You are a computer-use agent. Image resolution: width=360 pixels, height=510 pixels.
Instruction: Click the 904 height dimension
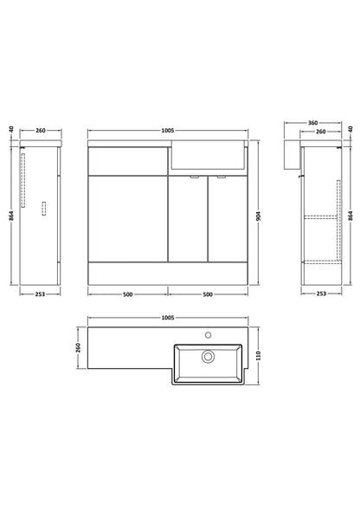[x=259, y=216]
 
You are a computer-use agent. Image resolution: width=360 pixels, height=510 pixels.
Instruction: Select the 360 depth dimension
[x=312, y=123]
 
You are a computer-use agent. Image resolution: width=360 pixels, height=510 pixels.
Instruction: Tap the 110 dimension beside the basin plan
[x=259, y=356]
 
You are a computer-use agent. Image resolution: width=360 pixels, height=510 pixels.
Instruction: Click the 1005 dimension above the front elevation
[x=168, y=131]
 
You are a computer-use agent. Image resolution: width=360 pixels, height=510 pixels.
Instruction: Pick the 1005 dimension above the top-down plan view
[x=168, y=318]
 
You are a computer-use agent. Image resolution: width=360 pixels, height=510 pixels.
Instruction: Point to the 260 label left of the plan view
[x=78, y=347]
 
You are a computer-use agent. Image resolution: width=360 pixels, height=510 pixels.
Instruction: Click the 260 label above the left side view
[x=41, y=131]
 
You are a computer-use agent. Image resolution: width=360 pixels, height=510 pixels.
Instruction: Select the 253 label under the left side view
[x=40, y=294]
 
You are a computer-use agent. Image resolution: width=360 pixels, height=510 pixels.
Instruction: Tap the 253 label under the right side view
[x=321, y=294]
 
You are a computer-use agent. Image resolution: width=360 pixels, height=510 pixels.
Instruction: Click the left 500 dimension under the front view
[x=128, y=294]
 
